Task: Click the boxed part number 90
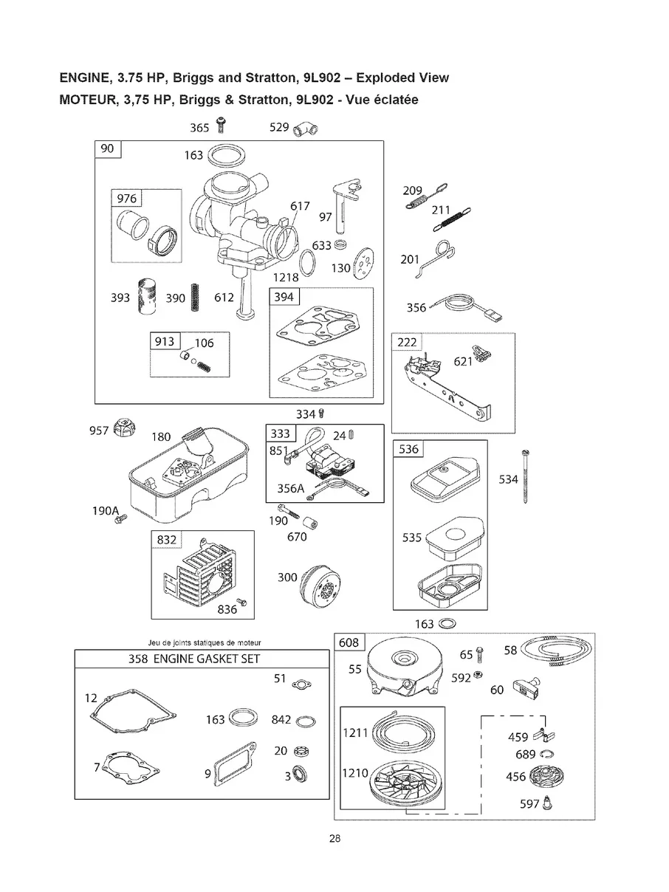click(x=107, y=148)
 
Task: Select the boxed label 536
click(x=408, y=448)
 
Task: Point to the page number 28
click(x=334, y=837)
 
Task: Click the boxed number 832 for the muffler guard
click(x=166, y=540)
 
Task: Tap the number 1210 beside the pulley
click(x=356, y=773)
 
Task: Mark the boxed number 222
click(x=407, y=341)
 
